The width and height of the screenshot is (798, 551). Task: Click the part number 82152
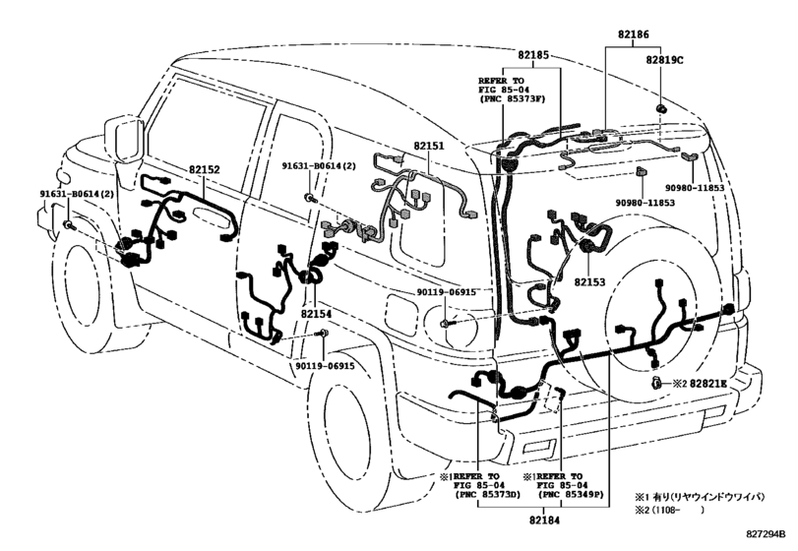pos(204,170)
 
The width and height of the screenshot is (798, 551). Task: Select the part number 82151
pos(428,146)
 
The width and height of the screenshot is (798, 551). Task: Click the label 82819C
pos(665,60)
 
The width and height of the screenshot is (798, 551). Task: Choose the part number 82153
pos(588,281)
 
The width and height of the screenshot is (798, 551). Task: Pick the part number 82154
pos(316,313)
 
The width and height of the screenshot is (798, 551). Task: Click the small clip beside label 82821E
pos(653,381)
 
